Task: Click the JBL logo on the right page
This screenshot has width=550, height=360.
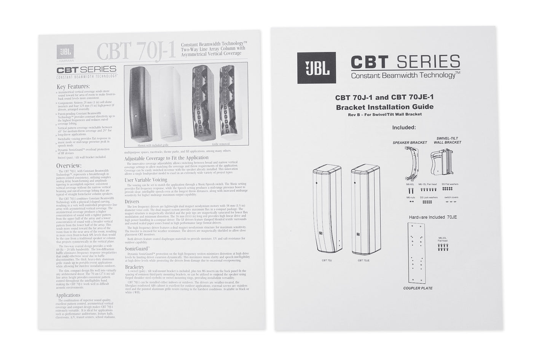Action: (x=316, y=68)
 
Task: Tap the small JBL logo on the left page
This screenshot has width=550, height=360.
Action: (x=64, y=52)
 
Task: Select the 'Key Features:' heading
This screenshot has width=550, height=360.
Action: (x=73, y=86)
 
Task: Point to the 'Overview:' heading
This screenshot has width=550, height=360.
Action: (x=69, y=166)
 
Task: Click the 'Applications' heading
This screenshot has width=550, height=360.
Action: (x=68, y=295)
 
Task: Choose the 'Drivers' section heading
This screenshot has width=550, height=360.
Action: (x=132, y=201)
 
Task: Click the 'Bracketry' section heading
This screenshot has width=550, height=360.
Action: (x=134, y=267)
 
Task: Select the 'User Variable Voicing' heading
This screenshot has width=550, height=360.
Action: (x=146, y=180)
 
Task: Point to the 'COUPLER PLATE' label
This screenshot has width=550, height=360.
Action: (x=418, y=288)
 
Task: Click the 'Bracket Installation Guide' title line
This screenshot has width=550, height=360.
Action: (x=384, y=107)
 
